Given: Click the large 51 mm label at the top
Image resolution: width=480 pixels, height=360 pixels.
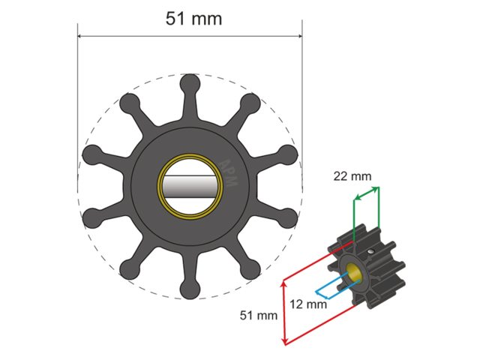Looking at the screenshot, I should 193,19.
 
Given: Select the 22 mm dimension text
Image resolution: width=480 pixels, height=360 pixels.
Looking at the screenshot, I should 352,175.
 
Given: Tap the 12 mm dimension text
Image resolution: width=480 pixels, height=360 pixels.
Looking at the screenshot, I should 307,304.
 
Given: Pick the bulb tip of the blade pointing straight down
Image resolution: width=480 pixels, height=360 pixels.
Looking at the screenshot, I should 190,289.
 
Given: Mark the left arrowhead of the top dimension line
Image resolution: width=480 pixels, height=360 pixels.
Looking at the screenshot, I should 82,34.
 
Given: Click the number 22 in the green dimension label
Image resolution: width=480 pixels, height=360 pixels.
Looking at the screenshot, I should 342,175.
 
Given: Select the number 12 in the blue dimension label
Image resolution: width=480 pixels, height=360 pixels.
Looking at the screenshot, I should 298,304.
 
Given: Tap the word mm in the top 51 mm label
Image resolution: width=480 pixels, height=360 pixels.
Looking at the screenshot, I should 206,19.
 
